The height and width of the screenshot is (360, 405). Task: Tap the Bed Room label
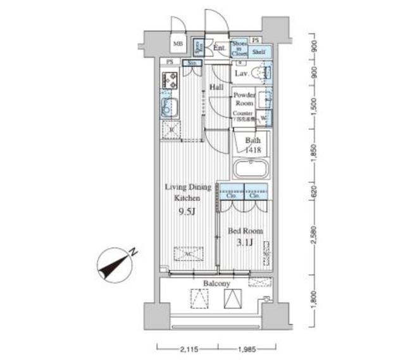[x=244, y=231]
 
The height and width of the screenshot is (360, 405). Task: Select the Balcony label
[x=216, y=284]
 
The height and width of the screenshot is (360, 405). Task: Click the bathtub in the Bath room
[x=251, y=170]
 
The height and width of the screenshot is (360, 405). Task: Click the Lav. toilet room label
[x=242, y=74]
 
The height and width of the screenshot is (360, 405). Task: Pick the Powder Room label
[x=244, y=99]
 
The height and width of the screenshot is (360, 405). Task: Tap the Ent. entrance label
[x=220, y=47]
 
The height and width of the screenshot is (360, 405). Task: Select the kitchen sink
[x=168, y=106]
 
